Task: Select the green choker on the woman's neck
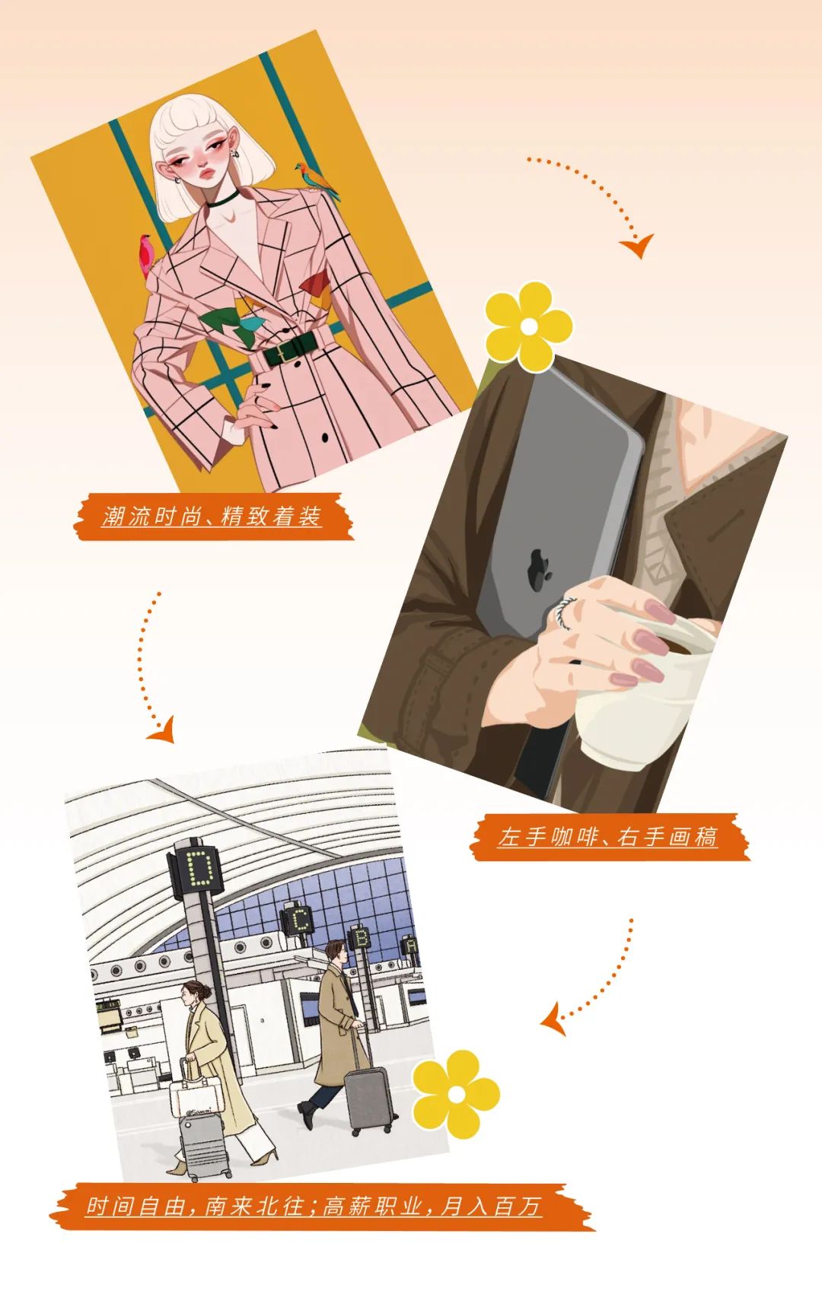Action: coord(222,199)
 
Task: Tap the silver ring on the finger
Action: coord(564,612)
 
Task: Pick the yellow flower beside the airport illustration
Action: coord(455,1094)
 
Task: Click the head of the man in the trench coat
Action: coord(336,952)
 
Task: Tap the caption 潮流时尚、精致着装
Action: coord(212,517)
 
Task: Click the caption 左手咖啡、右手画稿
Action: coord(608,837)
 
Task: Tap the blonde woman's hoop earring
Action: coord(237,154)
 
